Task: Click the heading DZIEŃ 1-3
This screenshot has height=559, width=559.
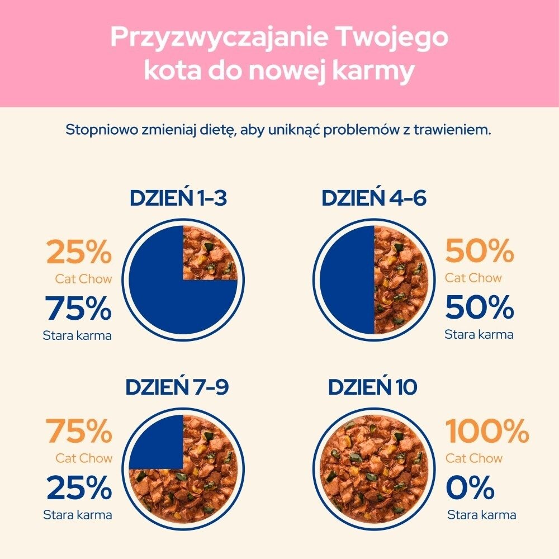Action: pos(178,198)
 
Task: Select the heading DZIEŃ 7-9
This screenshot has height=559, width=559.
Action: pos(177,387)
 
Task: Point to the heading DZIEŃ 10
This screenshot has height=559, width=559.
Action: pos(372,387)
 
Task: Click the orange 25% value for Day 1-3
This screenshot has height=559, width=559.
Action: pos(79,253)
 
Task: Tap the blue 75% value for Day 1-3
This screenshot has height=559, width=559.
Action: pos(79,308)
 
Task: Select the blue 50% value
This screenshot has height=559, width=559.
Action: pos(480,308)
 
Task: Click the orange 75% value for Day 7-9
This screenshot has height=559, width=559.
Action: pos(79,432)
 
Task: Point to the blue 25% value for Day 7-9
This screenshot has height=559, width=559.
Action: pos(79,488)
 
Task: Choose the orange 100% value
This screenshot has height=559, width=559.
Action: pos(487,432)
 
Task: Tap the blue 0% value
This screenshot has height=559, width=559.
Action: pos(470,488)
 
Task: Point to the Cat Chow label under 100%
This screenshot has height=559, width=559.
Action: pos(474,458)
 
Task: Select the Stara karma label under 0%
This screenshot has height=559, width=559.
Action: pos(482,515)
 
